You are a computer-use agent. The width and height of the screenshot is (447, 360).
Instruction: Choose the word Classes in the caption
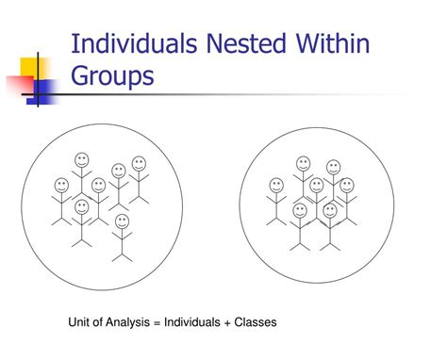click(260, 322)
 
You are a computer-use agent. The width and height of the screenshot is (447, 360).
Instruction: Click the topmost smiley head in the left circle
click(82, 159)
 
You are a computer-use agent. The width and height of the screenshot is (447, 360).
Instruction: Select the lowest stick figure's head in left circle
click(121, 221)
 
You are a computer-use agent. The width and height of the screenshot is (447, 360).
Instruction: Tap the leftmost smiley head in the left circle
click(61, 185)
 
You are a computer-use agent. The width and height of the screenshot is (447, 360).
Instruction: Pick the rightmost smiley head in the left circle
click(141, 164)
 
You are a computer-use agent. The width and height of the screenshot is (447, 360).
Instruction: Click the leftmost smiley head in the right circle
click(276, 186)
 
